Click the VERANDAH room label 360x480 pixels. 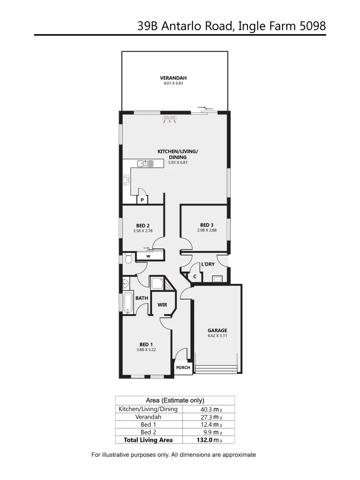173,78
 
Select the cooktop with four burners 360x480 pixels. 127,180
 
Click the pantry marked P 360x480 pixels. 142,200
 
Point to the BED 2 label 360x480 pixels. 143,225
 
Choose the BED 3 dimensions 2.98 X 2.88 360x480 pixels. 207,230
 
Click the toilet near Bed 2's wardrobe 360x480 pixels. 128,258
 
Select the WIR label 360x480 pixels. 162,305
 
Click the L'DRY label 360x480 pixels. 208,264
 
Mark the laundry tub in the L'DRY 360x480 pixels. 217,279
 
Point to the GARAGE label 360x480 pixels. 217,330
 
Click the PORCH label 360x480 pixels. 183,368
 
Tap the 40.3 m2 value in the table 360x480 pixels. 208,409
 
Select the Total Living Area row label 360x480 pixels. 147,440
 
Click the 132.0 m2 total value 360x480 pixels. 208,440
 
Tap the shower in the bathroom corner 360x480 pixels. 158,283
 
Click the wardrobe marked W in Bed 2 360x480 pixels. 148,256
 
